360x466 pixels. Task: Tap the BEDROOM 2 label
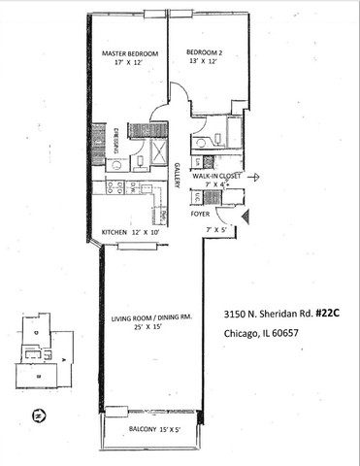pyautogui.click(x=205, y=50)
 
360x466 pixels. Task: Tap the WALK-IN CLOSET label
pyautogui.click(x=216, y=177)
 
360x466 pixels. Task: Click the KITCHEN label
pyautogui.click(x=120, y=231)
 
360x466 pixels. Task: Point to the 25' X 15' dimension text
pyautogui.click(x=149, y=328)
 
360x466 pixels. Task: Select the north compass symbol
pyautogui.click(x=36, y=416)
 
